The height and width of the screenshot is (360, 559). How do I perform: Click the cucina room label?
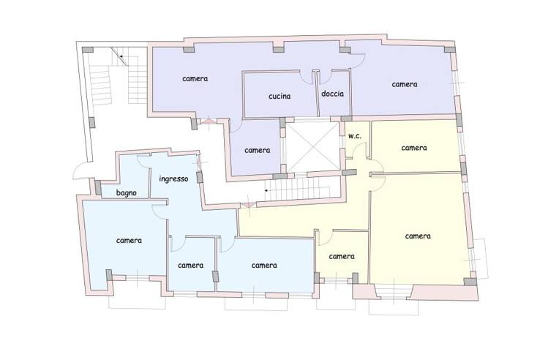click(x=279, y=97)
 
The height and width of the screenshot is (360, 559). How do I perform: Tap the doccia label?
click(x=333, y=94)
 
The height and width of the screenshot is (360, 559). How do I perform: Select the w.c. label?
click(x=355, y=136)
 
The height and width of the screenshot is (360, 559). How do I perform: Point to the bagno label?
click(x=127, y=193)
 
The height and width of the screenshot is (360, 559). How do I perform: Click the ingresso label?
click(x=173, y=179)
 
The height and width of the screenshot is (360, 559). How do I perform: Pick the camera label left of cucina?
click(x=195, y=78)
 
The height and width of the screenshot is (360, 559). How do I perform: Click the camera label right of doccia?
click(x=405, y=84)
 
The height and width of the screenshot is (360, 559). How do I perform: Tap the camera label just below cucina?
click(x=258, y=150)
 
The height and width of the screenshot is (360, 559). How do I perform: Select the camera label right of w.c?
click(x=414, y=148)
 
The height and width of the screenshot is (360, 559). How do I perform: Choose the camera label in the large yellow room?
click(x=418, y=236)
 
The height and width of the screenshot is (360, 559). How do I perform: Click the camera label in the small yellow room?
click(x=342, y=256)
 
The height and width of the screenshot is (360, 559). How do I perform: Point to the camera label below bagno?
click(x=129, y=241)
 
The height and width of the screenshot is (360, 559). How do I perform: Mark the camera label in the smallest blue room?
click(x=191, y=265)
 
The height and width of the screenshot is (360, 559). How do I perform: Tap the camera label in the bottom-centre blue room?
click(x=264, y=265)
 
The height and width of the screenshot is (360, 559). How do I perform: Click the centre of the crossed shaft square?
click(x=312, y=146)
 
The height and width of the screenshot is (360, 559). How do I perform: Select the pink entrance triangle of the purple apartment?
click(x=209, y=121)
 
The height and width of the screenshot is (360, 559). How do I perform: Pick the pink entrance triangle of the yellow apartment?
click(x=249, y=205)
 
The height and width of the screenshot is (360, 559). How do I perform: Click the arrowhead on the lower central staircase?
click(x=266, y=191)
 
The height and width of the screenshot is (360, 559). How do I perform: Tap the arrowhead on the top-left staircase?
click(x=121, y=56)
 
